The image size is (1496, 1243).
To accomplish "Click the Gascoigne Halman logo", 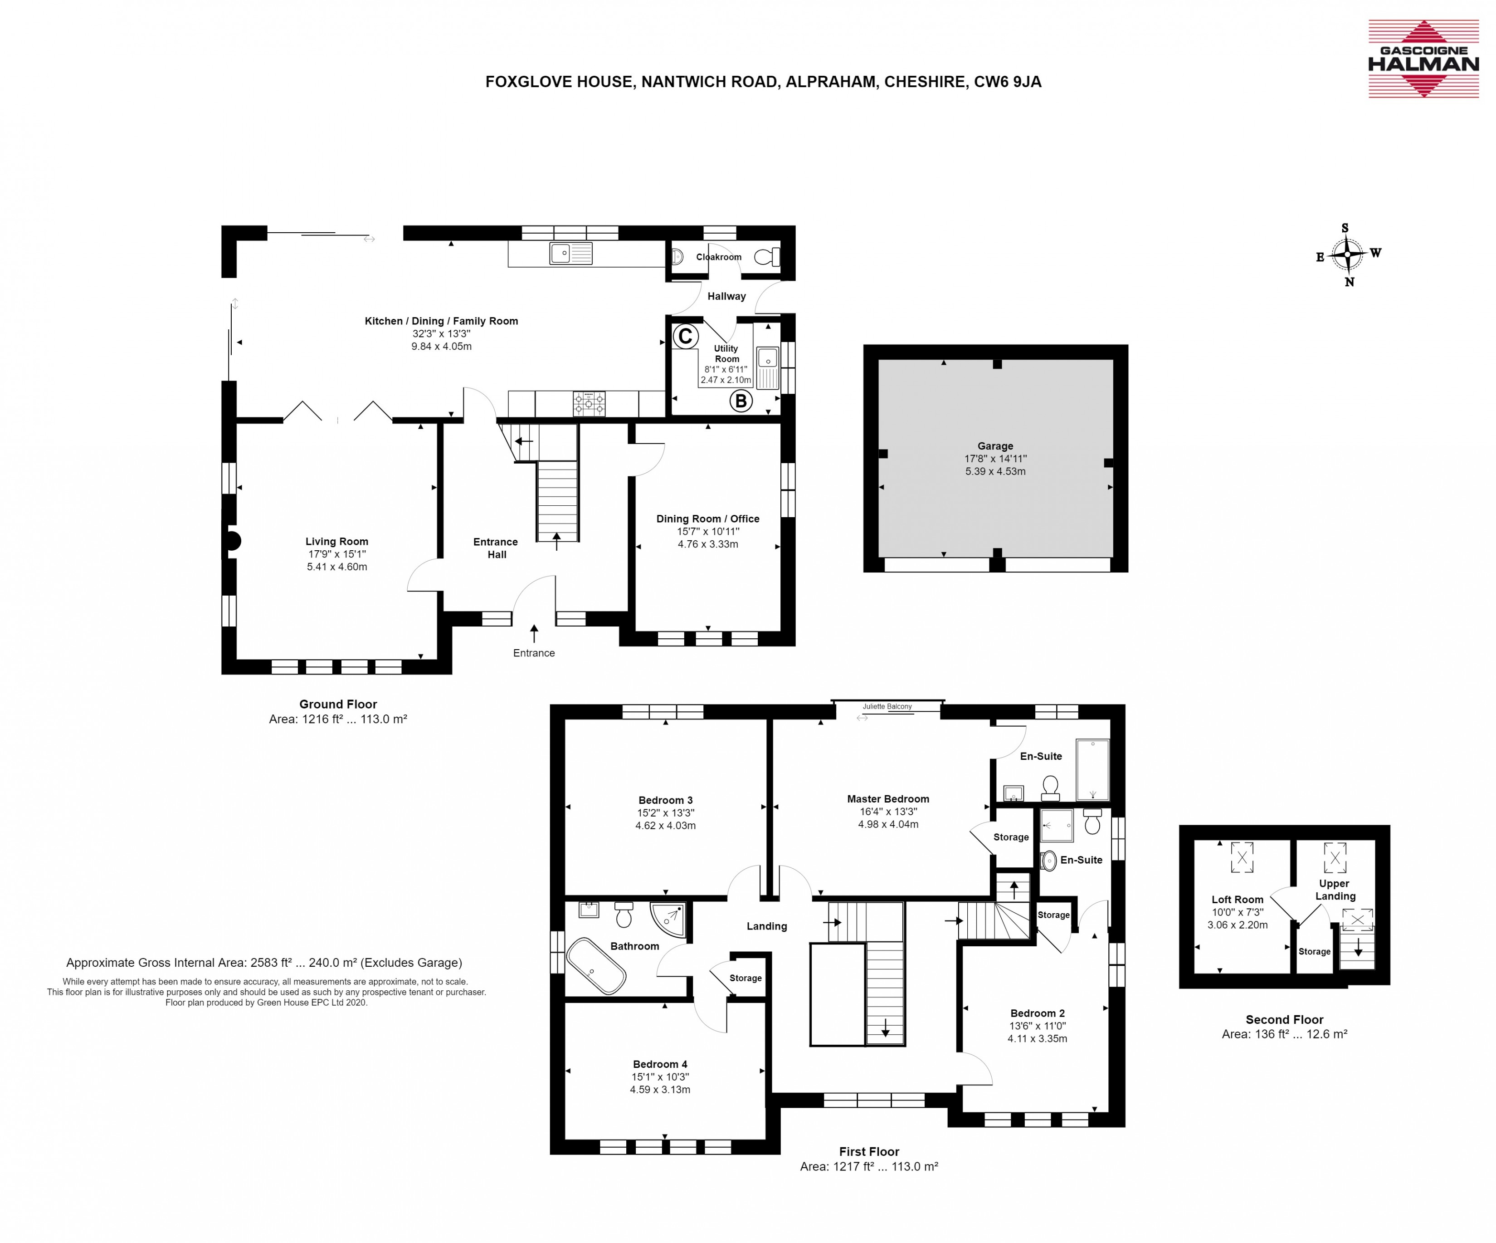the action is (1423, 59).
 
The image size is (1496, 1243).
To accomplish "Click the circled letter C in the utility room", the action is (685, 337).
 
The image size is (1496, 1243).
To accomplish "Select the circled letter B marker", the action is (741, 401).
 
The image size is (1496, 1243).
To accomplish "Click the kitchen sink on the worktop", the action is (570, 253).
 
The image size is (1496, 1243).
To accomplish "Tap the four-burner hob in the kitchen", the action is (589, 403).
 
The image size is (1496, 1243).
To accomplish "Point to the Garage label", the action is (995, 446).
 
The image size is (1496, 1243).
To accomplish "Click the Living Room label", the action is (337, 542).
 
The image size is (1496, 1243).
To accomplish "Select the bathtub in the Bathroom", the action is (596, 966).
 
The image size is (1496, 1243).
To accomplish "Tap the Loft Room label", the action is (1238, 900).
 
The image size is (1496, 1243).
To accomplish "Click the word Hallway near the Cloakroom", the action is (726, 297).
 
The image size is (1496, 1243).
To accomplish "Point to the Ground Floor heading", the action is (338, 704).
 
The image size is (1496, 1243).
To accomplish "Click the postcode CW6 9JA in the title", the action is (1007, 82).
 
